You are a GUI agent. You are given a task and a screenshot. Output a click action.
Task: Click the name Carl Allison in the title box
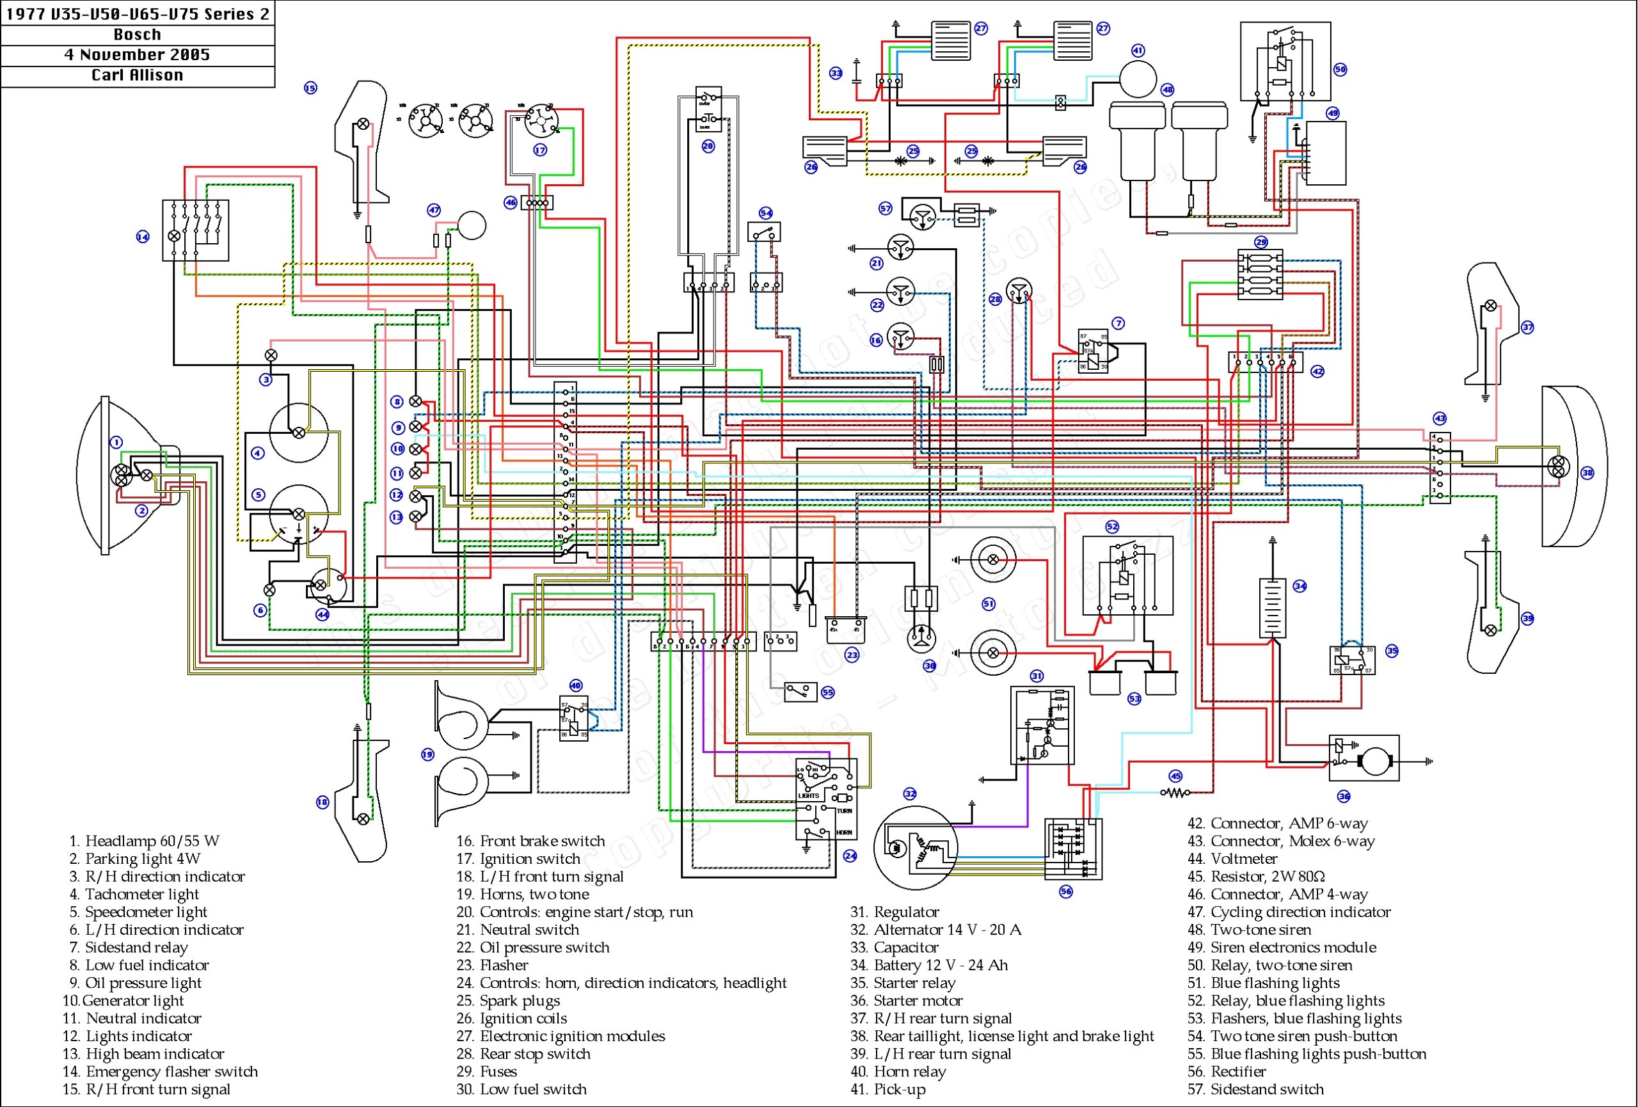(x=137, y=76)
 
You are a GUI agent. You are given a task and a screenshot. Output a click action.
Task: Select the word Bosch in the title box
(x=137, y=35)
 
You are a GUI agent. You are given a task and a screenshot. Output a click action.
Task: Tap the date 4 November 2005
(x=137, y=55)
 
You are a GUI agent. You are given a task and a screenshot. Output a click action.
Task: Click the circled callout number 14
(x=143, y=237)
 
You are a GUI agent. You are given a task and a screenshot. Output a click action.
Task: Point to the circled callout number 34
(x=1300, y=586)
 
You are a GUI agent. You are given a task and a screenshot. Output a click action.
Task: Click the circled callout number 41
(x=1138, y=51)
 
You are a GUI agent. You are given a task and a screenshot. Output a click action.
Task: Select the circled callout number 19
(x=427, y=754)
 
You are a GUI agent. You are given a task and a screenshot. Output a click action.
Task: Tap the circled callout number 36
(x=1344, y=796)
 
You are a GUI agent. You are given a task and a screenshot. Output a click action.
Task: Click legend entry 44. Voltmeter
(x=1243, y=859)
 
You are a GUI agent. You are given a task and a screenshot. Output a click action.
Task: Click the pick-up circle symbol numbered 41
(x=1138, y=79)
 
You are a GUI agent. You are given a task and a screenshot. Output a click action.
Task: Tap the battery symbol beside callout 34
(x=1271, y=608)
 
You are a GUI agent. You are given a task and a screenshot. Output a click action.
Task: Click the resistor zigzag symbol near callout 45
(x=1175, y=793)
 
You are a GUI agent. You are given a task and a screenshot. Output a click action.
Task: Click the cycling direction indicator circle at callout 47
(x=472, y=225)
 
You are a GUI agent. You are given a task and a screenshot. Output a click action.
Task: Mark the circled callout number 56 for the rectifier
(x=1066, y=892)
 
